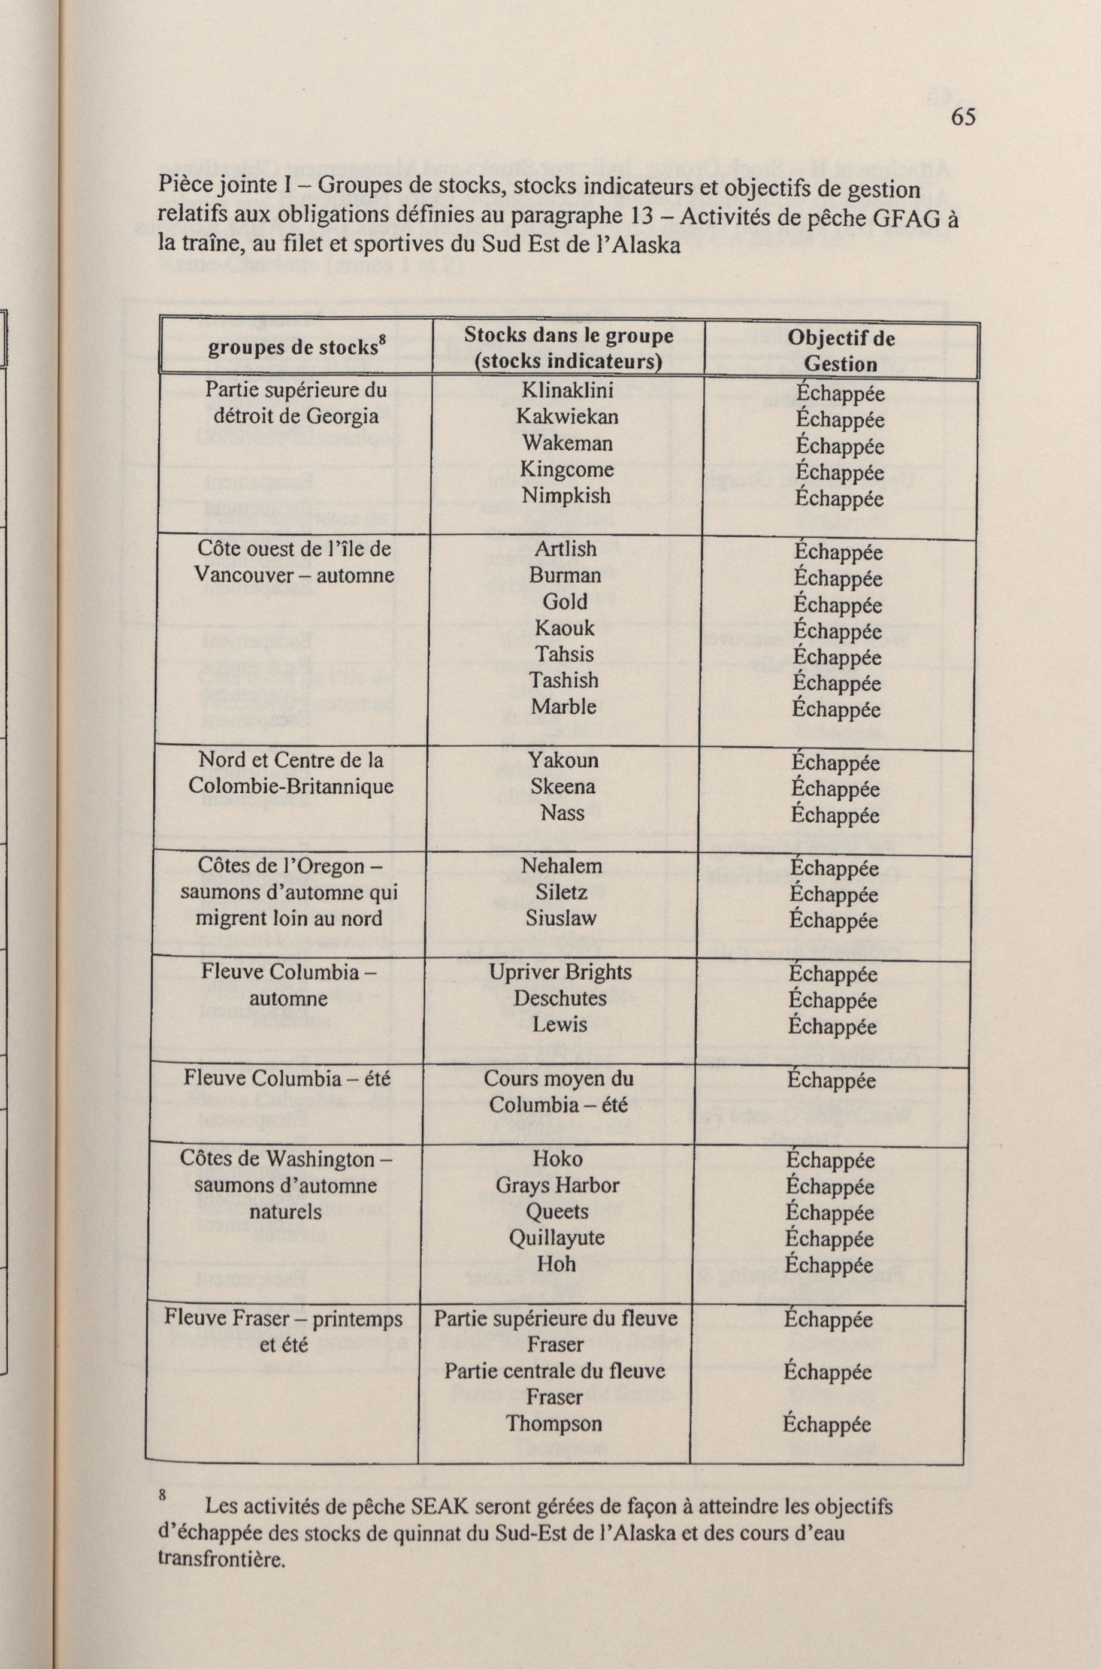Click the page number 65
point(963,117)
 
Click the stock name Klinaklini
point(567,390)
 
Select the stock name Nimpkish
point(567,495)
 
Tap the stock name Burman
point(565,575)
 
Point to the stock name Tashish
point(564,680)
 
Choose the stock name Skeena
point(562,787)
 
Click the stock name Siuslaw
point(561,918)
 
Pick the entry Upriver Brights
point(560,972)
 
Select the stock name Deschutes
point(559,998)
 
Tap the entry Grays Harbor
point(558,1185)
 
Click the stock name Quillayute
point(557,1237)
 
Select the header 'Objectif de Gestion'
point(840,350)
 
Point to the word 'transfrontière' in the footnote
point(221,1559)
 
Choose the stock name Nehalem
point(562,866)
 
